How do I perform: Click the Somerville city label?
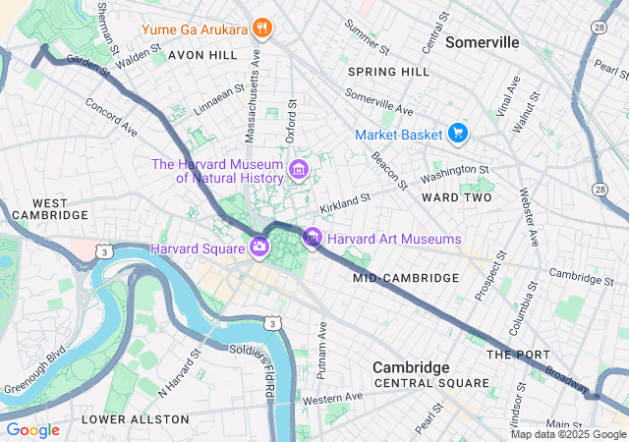pos(482,43)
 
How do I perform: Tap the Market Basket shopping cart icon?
pos(457,133)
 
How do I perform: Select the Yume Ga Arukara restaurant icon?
pos(260,28)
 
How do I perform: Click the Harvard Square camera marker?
pos(259,247)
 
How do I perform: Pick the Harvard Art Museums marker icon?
pos(313,238)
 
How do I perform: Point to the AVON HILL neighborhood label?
pos(202,55)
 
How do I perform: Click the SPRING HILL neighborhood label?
pos(388,72)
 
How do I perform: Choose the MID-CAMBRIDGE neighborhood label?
pos(406,278)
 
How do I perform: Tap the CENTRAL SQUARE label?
pos(430,383)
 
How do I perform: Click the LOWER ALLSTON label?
pos(135,419)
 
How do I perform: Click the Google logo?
pos(32,429)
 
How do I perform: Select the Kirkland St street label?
pos(345,204)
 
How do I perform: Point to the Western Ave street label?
pos(332,398)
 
